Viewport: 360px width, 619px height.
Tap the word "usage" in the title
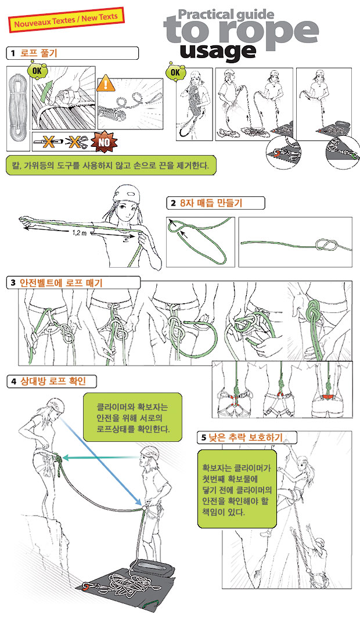[218, 51]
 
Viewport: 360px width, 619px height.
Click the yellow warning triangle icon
[106, 83]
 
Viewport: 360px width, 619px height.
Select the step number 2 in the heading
[173, 203]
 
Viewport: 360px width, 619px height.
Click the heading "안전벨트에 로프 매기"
[61, 283]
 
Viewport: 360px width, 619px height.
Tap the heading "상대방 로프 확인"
[52, 381]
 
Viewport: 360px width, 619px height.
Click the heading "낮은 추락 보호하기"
[245, 437]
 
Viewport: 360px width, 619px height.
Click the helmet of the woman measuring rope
[128, 193]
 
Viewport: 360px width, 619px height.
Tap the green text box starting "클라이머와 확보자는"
[133, 418]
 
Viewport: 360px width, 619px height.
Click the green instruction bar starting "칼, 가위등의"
[111, 165]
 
